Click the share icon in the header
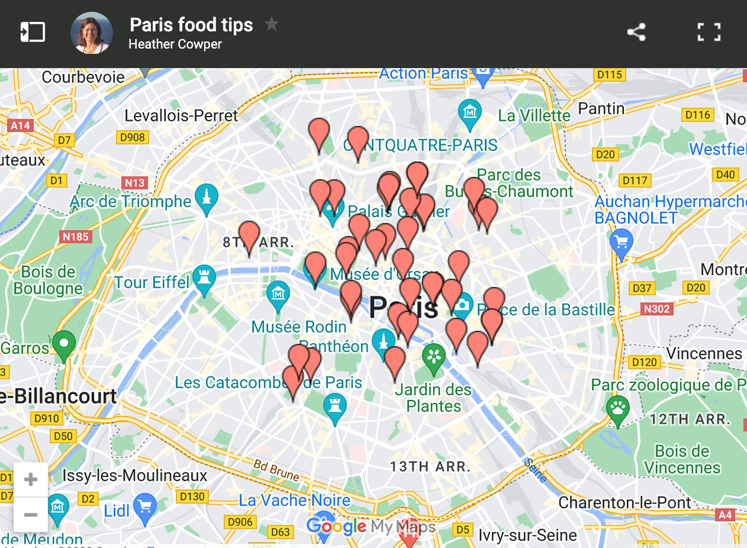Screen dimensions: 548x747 click(636, 32)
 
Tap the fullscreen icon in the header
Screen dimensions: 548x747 click(709, 32)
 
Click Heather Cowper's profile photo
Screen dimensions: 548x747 click(92, 33)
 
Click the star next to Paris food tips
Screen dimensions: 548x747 click(271, 23)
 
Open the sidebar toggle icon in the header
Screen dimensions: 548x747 click(33, 32)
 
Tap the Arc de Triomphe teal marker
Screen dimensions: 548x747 click(206, 197)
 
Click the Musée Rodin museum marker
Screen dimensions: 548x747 click(278, 294)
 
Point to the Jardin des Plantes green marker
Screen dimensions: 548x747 click(434, 356)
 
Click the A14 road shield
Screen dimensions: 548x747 click(20, 125)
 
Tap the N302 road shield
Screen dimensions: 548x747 click(656, 309)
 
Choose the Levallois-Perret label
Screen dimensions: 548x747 click(181, 115)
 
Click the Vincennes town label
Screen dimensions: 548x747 click(704, 353)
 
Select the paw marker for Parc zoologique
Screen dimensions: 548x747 click(618, 408)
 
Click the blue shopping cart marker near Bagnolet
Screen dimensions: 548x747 click(621, 242)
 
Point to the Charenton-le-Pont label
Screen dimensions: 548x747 click(624, 502)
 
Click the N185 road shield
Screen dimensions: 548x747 click(75, 236)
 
